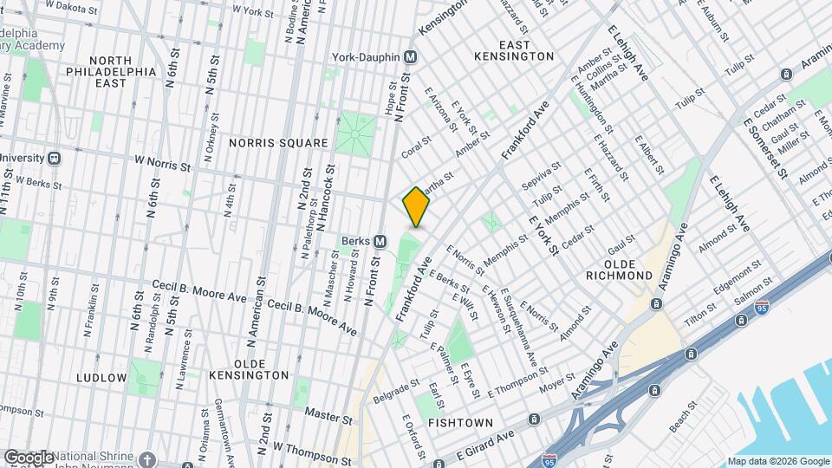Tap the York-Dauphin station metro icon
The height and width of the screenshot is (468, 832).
tap(411, 57)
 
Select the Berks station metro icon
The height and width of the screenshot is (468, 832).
tap(380, 240)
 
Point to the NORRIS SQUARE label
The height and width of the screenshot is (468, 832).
tap(278, 142)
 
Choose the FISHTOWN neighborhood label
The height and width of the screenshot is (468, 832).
tap(460, 423)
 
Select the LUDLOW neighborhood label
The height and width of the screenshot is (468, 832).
tap(101, 378)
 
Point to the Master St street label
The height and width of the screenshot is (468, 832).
tap(328, 419)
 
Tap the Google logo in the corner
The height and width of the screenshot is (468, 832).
tap(29, 457)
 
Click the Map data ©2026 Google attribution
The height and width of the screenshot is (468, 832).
tap(777, 462)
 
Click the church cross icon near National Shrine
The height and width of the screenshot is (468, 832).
tap(147, 458)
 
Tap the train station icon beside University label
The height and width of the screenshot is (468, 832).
tap(54, 159)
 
